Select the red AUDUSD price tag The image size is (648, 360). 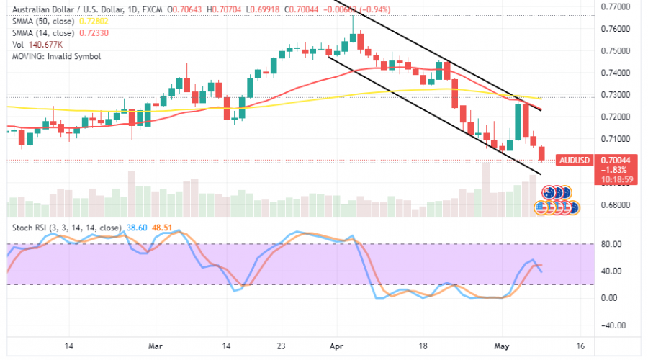pyautogui.click(x=575, y=159)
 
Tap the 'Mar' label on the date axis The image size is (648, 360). pyautogui.click(x=155, y=347)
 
